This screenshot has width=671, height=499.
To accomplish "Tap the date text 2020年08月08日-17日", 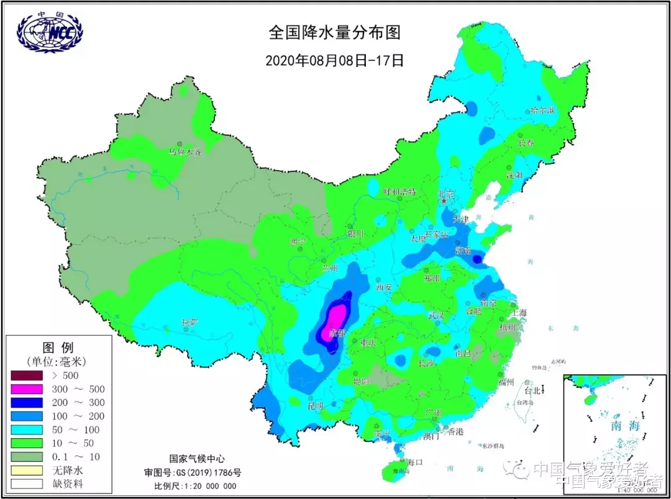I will [334, 61].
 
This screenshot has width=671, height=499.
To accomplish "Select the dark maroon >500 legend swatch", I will [27, 375].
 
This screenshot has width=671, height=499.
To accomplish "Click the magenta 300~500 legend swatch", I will [27, 389].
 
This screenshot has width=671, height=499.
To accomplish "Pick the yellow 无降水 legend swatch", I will [27, 470].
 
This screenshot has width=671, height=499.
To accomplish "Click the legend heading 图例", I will [58, 348].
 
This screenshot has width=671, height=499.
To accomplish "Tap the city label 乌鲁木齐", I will [185, 151].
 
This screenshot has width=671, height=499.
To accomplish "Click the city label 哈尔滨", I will [542, 110].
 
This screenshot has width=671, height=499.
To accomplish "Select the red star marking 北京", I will [444, 201].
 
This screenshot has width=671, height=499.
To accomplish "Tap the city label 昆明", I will [315, 406].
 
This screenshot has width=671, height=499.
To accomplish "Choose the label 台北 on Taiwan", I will [532, 391].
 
